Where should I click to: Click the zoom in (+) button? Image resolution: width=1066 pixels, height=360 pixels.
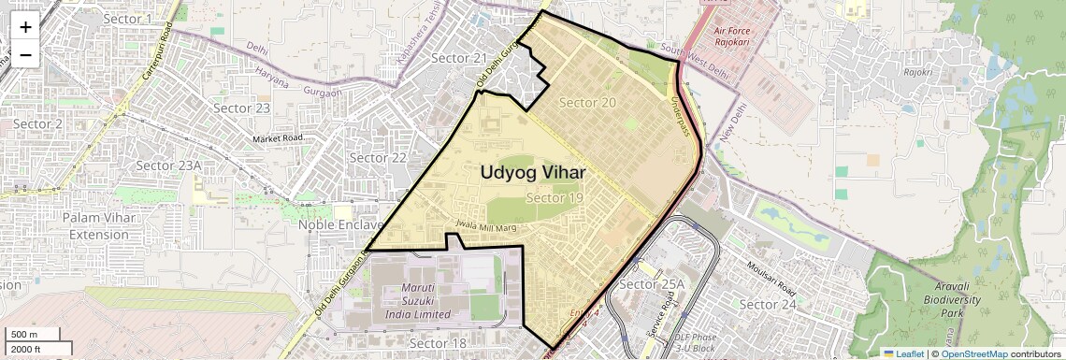click(x=25, y=27)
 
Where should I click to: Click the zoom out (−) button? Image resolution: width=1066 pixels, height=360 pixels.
click(x=25, y=54)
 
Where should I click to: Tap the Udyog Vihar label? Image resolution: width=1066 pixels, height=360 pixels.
click(x=533, y=173)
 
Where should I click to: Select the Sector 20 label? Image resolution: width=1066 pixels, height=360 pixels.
click(x=587, y=102)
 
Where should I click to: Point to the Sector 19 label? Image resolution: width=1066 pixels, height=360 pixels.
click(x=555, y=197)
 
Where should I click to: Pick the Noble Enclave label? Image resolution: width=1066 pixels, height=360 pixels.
click(x=340, y=225)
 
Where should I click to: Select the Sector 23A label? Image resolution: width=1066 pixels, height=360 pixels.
click(x=168, y=166)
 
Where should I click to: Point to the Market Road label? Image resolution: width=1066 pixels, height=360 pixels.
click(x=278, y=138)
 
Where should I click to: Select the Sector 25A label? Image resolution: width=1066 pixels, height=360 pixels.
click(x=653, y=283)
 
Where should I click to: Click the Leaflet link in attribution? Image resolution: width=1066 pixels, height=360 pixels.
click(x=904, y=353)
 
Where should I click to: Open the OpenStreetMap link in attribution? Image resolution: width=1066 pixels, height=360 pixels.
click(x=973, y=353)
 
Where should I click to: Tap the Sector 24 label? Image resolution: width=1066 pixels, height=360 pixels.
click(x=768, y=305)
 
